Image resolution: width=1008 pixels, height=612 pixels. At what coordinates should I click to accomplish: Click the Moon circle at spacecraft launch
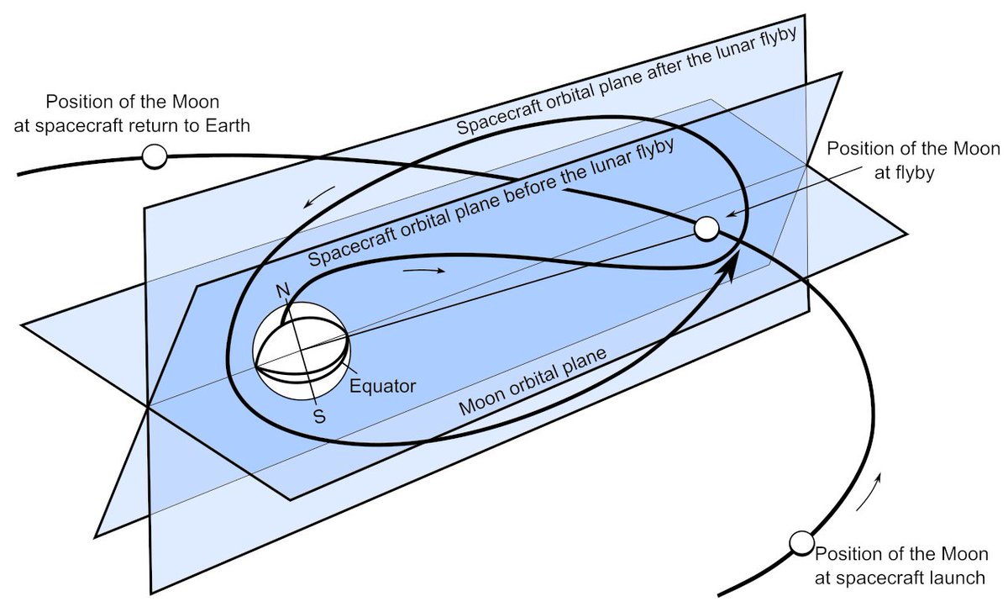801,543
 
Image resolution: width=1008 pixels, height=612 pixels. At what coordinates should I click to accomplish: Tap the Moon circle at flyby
706,228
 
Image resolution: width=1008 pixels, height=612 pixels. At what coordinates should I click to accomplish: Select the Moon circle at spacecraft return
155,156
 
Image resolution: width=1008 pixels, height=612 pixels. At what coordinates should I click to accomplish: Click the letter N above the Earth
281,291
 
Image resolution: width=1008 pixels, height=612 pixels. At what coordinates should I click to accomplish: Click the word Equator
382,387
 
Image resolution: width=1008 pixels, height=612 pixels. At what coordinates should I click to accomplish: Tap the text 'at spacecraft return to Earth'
135,124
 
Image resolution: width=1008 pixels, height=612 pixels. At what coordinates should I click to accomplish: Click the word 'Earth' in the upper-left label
229,124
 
